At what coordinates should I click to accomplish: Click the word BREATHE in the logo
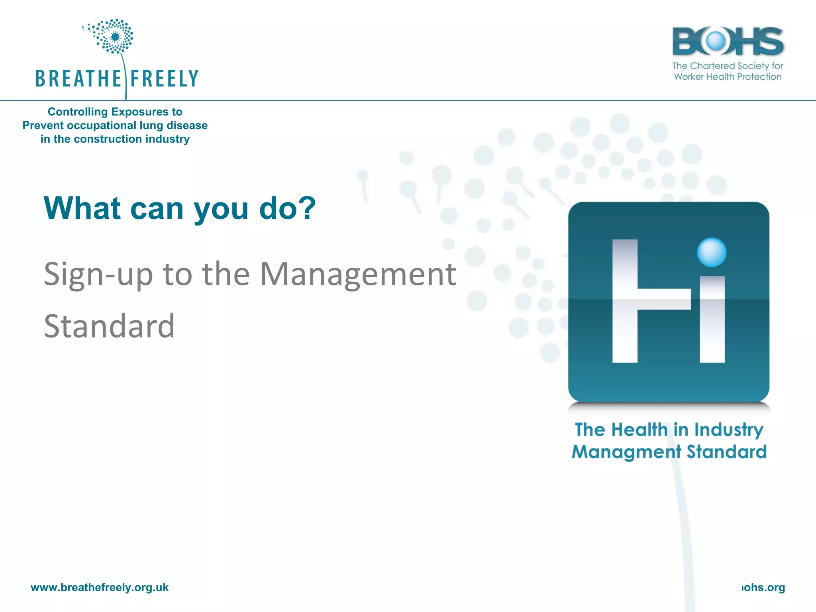click(78, 78)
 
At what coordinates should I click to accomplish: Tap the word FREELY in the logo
click(164, 78)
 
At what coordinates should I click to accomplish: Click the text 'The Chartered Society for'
click(728, 66)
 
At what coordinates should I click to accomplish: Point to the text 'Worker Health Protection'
click(728, 77)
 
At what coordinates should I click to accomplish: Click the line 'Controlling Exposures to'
click(115, 112)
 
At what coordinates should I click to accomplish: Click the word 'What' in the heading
click(82, 208)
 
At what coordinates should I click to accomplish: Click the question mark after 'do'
click(308, 208)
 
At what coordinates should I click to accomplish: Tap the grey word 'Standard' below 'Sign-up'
click(109, 326)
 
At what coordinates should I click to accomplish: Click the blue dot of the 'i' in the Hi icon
click(712, 252)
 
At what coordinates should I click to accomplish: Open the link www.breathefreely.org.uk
click(100, 588)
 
